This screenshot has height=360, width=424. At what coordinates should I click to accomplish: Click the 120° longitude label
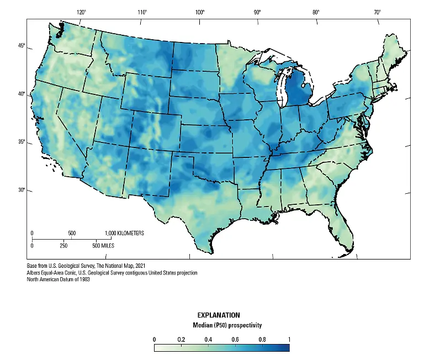81,12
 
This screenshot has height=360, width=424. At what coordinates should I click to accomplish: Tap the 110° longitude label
142,12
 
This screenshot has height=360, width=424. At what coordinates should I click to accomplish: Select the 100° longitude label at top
200,12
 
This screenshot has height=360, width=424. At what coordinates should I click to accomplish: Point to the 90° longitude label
257,12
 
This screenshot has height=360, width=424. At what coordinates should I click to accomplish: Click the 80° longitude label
316,12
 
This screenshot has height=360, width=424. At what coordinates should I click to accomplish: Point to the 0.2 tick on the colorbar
181,339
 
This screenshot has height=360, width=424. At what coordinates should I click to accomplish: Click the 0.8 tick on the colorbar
262,339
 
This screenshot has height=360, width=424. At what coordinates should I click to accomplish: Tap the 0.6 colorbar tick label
235,339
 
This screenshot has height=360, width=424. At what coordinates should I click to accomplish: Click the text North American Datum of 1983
58,279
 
